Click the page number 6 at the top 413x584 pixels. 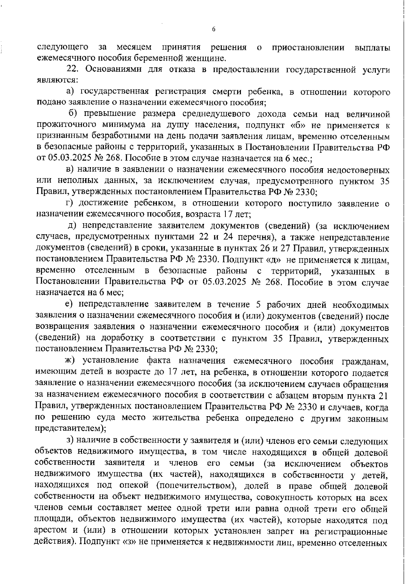[213, 30]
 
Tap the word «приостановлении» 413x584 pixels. [308, 47]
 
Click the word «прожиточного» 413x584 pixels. [66, 126]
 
